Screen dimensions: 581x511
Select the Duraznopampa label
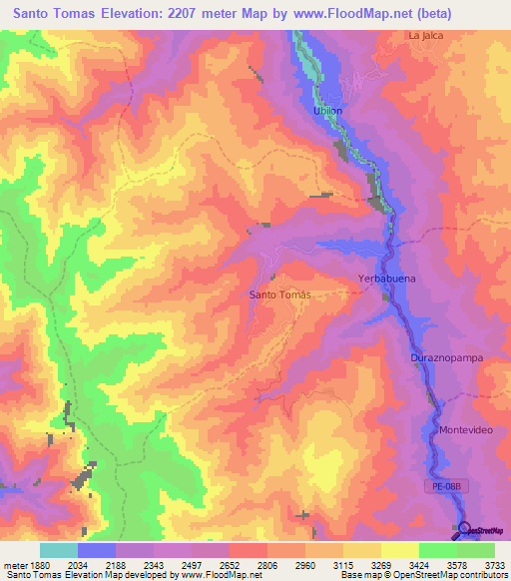(441, 356)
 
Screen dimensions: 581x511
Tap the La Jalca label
(425, 35)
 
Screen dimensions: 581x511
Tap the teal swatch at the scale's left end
(59, 550)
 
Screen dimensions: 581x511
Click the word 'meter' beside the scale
(13, 564)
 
